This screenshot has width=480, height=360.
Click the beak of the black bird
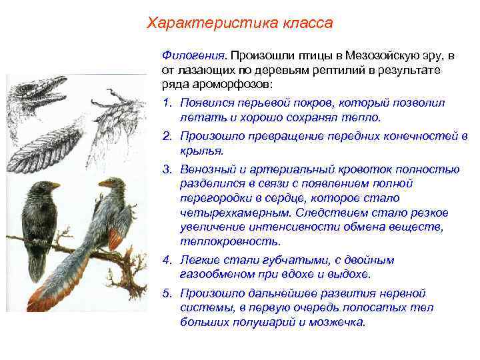coord(55,185)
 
